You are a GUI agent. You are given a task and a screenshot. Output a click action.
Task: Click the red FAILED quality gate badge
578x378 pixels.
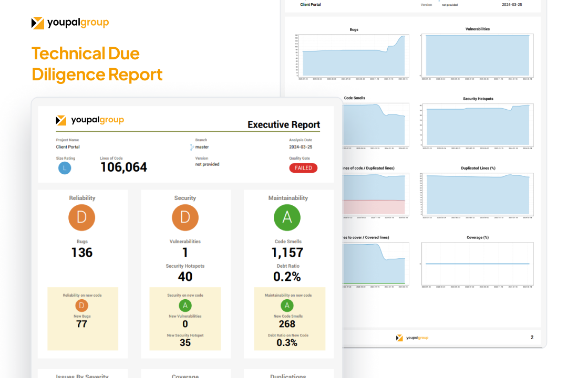[x=303, y=168]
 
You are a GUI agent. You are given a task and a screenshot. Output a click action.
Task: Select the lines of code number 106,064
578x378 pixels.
[x=123, y=167]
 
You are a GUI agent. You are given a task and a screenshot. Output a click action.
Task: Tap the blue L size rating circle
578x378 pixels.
[x=65, y=168]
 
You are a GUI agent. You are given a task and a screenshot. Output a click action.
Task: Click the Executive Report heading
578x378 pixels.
[x=284, y=124]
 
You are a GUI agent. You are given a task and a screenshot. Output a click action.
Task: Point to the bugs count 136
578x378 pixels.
[x=82, y=253]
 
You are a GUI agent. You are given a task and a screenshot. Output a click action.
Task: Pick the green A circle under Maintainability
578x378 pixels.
[x=287, y=217]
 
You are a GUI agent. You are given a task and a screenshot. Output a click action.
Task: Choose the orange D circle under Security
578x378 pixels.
[x=185, y=217]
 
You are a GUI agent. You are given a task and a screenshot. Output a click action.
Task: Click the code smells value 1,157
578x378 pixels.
[x=287, y=253]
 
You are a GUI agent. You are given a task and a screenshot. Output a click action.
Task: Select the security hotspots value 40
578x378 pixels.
[x=185, y=276]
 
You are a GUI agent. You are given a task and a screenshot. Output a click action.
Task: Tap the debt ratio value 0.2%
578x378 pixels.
[x=287, y=276]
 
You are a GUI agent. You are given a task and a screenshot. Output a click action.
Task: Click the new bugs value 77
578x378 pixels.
[x=82, y=324]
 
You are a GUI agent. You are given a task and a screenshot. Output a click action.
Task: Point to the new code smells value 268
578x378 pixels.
[x=287, y=324]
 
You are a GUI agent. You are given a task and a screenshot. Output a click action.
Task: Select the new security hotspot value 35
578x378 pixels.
[x=185, y=343]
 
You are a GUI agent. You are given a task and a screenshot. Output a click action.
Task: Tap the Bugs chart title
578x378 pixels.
[x=354, y=30]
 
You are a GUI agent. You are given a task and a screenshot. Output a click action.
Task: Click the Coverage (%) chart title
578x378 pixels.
[x=478, y=237]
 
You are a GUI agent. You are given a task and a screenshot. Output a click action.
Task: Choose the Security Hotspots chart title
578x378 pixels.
[x=478, y=99]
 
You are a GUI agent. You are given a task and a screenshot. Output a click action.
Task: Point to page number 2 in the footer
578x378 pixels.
[x=532, y=338]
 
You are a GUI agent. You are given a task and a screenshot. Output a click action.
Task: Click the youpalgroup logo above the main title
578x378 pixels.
[x=70, y=23]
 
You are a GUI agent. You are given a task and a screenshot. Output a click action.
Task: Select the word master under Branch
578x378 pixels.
[x=202, y=147]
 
